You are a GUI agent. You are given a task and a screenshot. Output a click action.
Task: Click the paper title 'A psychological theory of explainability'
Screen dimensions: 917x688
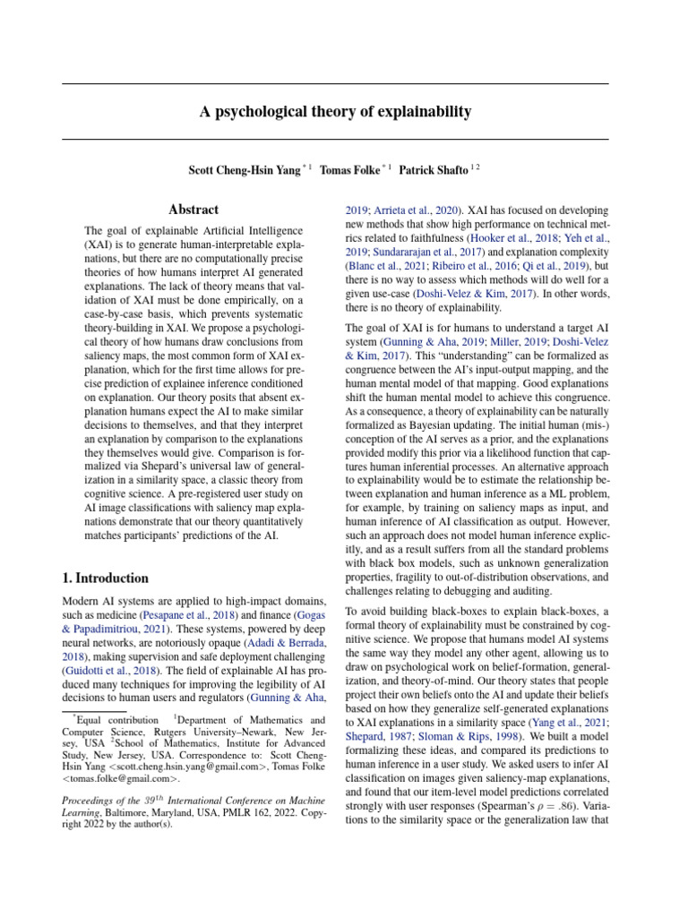coord(334,112)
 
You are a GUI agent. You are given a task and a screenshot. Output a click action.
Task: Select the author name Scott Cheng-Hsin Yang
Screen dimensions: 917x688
coord(245,169)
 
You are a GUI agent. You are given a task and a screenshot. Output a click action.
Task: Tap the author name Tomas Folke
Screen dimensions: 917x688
coord(349,169)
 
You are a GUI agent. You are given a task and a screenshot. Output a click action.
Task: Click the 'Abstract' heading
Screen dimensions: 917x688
coord(193,209)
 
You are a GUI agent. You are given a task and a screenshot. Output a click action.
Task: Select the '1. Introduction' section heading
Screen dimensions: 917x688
coord(106,578)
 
